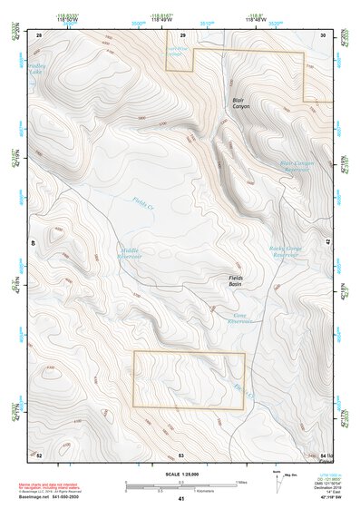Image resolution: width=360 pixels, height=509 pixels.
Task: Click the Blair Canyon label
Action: [240, 103]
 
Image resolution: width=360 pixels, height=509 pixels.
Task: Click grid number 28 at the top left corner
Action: [39, 34]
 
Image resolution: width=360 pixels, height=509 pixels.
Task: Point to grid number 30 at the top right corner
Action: [323, 34]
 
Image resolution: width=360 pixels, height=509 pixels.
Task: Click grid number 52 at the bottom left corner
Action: [39, 455]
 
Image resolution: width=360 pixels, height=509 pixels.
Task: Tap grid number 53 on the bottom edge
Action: [181, 455]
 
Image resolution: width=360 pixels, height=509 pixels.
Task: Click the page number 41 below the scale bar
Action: [181, 499]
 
